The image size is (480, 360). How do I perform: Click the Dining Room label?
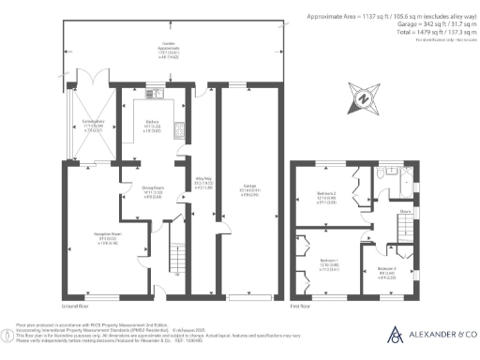(153, 190)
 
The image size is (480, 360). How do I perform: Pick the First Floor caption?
(300, 305)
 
